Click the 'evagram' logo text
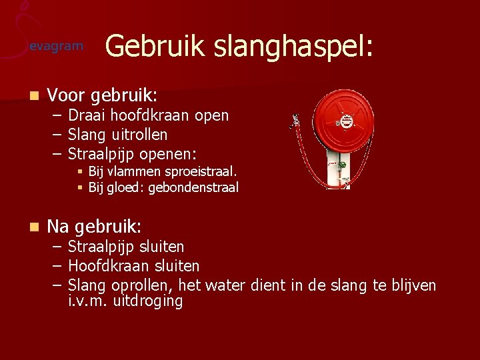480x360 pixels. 57,47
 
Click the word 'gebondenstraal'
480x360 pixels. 193,188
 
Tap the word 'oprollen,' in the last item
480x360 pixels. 143,286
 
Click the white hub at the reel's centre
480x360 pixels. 345,122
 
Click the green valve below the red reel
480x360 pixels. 341,165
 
